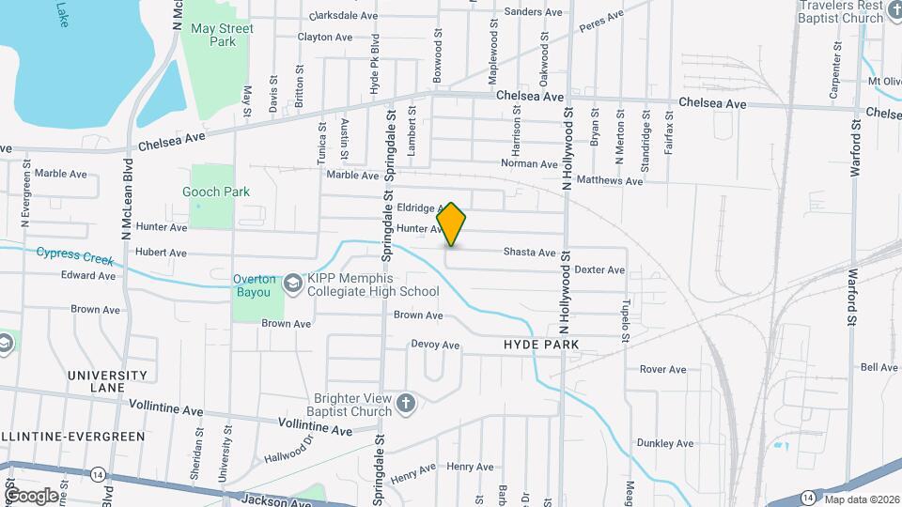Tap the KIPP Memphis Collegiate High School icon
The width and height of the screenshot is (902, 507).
(x=293, y=281)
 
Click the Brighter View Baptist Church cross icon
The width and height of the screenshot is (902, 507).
(x=406, y=403)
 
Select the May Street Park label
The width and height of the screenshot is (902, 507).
(x=222, y=36)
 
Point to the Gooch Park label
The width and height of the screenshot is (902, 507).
(x=216, y=192)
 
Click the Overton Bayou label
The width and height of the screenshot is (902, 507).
(x=255, y=285)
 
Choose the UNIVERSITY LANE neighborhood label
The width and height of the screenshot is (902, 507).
(x=107, y=381)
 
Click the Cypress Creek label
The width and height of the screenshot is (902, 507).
(x=74, y=255)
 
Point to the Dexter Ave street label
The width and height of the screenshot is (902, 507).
(x=599, y=269)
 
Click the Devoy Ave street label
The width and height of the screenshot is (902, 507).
(x=435, y=345)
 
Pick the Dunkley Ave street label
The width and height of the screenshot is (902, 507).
(x=664, y=443)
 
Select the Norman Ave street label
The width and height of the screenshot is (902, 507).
(x=530, y=163)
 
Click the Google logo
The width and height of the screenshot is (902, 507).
(x=31, y=495)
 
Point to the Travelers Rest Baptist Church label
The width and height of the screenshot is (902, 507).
(x=840, y=12)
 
